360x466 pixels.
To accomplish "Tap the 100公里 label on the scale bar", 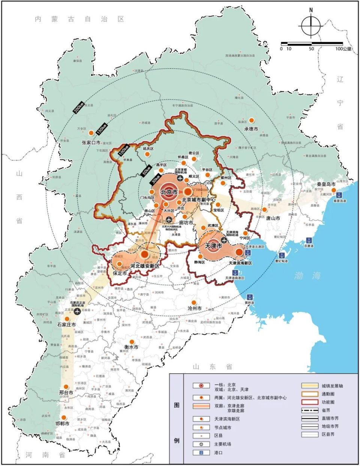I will (343, 49).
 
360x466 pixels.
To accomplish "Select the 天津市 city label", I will (214, 247).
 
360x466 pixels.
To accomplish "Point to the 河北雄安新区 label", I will (145, 266).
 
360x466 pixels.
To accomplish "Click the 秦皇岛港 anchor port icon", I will (339, 195).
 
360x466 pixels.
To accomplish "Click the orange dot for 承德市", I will (252, 120).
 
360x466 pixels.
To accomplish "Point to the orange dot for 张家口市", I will (91, 133).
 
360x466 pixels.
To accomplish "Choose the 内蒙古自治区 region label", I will (79, 19).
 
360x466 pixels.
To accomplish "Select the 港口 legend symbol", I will (201, 453).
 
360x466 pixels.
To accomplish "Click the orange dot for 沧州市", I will (194, 302).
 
